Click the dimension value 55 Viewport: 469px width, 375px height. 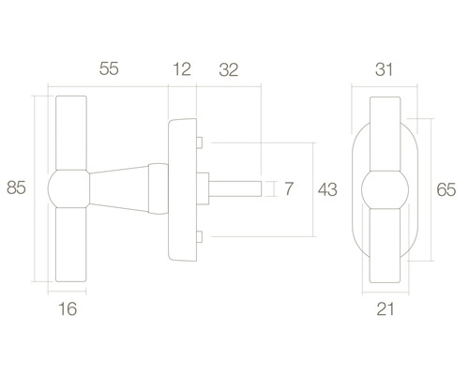[109, 68]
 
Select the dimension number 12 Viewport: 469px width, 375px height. [182, 69]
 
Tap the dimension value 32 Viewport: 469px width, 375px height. [229, 69]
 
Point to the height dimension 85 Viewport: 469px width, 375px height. [16, 187]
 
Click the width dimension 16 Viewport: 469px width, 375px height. [68, 308]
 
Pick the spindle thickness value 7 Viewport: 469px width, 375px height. [289, 188]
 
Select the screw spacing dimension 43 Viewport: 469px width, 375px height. [327, 189]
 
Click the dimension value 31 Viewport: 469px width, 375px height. [384, 69]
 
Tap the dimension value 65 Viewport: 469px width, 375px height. [446, 189]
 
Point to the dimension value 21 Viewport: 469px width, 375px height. [386, 309]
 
